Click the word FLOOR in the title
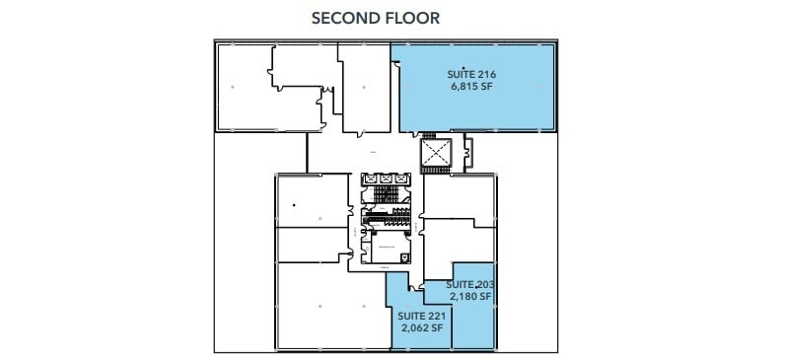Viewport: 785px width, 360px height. pyautogui.click(x=413, y=18)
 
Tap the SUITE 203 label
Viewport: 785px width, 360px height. pyautogui.click(x=469, y=284)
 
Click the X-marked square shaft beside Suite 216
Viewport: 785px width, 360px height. pyautogui.click(x=435, y=153)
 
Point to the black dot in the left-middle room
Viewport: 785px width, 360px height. pyautogui.click(x=294, y=205)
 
